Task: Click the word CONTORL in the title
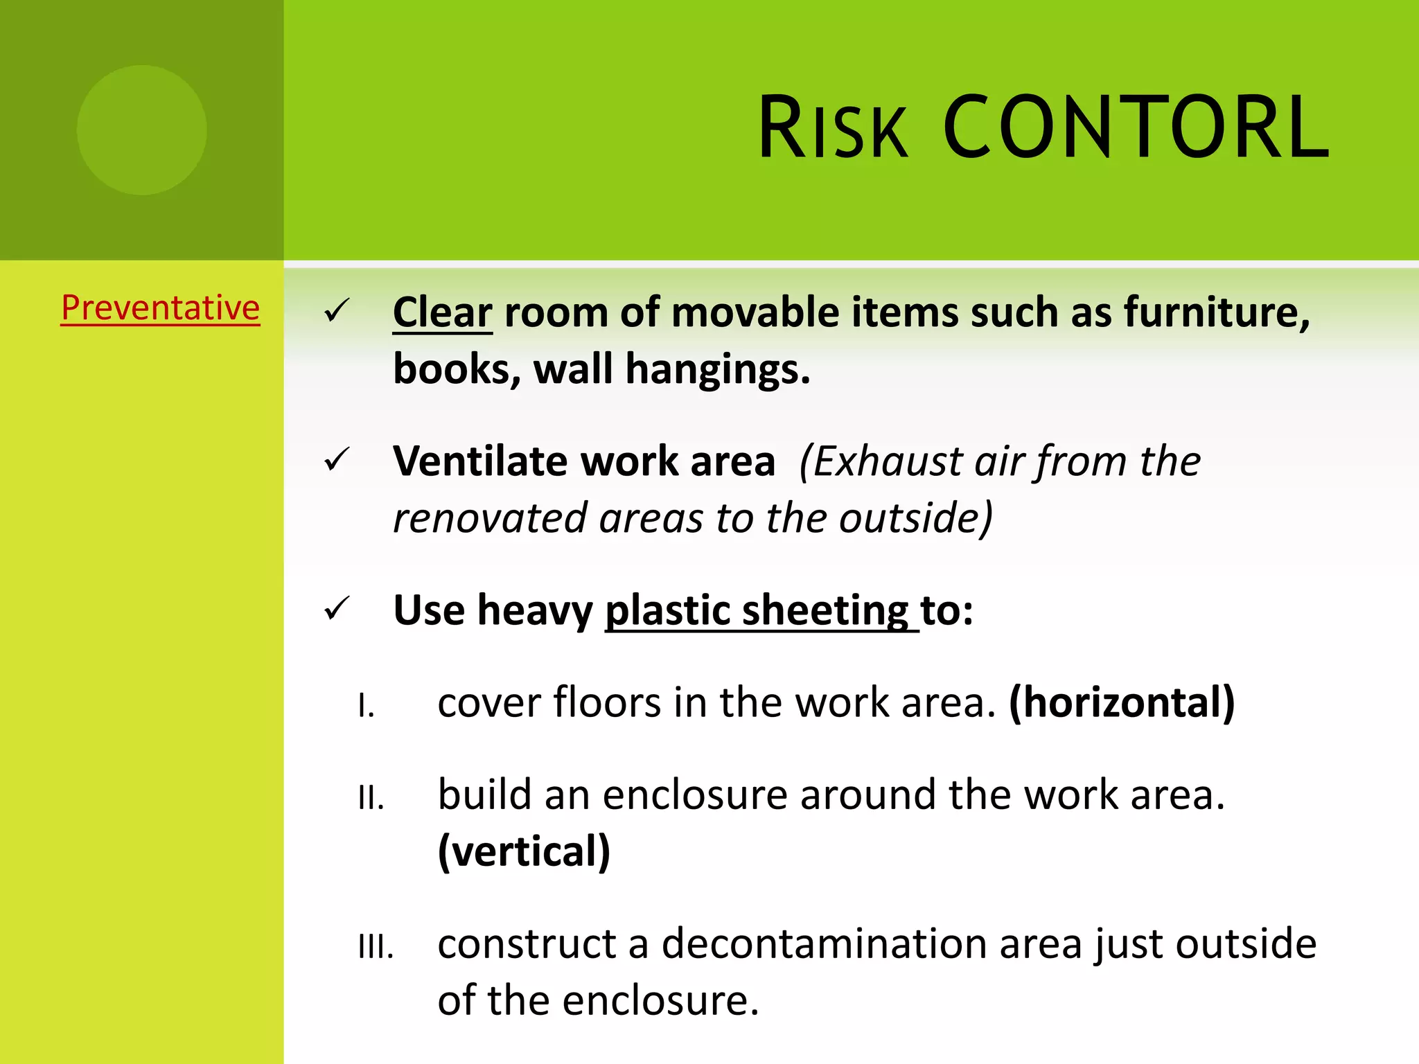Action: pos(1136,128)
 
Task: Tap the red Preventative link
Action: pos(160,308)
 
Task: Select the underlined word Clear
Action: pos(442,312)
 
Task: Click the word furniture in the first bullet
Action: pos(1216,312)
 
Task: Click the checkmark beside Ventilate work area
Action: pos(337,460)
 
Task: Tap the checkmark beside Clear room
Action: pos(337,311)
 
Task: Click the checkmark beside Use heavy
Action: pos(337,610)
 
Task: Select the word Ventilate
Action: pos(479,461)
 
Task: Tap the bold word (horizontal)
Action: pos(1122,703)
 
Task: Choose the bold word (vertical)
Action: pos(524,851)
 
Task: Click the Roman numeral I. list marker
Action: pos(367,707)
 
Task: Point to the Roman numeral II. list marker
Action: pos(371,798)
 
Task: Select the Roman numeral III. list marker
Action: pos(376,947)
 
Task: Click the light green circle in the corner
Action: pos(141,130)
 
